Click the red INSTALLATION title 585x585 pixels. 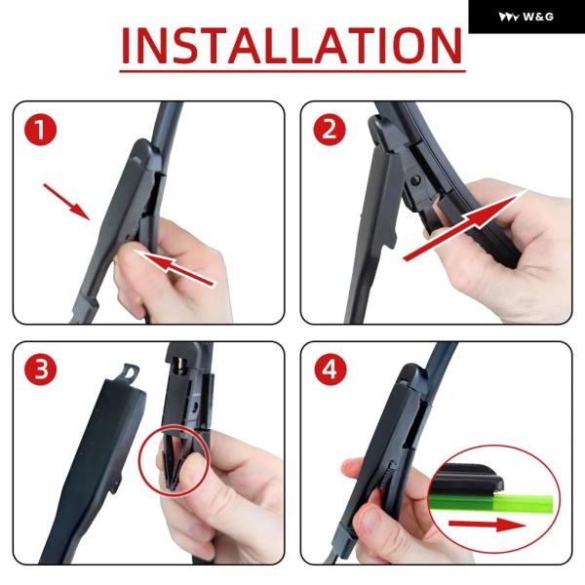pyautogui.click(x=292, y=46)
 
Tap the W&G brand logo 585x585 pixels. pyautogui.click(x=526, y=17)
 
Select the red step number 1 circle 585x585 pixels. pyautogui.click(x=40, y=130)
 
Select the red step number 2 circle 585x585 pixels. pyautogui.click(x=330, y=130)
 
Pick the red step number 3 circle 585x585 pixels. pyautogui.click(x=40, y=370)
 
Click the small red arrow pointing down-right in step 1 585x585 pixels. pyautogui.click(x=66, y=202)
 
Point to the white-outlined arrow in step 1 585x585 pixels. pyautogui.click(x=175, y=269)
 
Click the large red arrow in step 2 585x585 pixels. pyautogui.click(x=465, y=225)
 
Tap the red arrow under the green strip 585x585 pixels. pyautogui.click(x=487, y=525)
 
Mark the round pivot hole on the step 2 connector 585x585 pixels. pyautogui.click(x=415, y=181)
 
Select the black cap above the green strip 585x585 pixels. pyautogui.click(x=466, y=479)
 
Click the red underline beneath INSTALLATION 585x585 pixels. pyautogui.click(x=292, y=70)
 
